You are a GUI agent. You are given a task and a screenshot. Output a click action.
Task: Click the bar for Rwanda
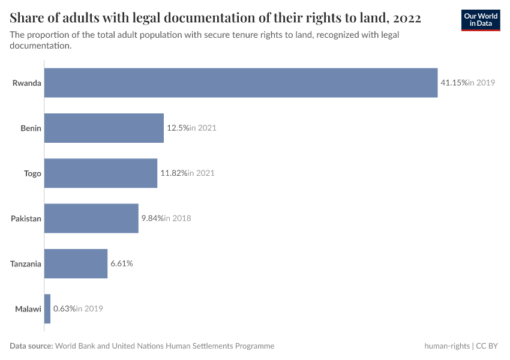241,83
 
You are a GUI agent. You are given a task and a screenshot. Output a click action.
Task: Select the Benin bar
104,128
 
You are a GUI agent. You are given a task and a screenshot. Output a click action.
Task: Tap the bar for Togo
101,173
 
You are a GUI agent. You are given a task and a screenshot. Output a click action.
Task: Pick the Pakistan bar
91,218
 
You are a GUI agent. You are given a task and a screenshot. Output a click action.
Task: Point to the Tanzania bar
76,263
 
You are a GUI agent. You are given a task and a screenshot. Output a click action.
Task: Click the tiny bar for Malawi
47,308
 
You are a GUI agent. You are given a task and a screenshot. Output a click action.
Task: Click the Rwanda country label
27,83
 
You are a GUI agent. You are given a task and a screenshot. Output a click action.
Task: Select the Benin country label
31,128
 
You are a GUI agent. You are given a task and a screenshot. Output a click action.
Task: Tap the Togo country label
32,173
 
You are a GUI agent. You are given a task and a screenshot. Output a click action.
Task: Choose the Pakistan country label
26,218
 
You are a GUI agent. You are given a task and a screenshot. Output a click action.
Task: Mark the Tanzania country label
26,263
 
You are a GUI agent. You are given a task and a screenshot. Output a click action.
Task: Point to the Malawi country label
28,308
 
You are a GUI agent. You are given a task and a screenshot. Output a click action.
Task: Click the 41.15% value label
454,83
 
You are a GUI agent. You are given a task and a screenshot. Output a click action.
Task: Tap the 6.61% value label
121,263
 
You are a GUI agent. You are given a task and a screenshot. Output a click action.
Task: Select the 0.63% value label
64,308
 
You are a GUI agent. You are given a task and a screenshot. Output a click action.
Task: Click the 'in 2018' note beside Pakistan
178,218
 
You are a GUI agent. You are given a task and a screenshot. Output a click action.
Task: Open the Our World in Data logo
481,20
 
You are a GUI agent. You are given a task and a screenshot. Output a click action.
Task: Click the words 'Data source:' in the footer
31,346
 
